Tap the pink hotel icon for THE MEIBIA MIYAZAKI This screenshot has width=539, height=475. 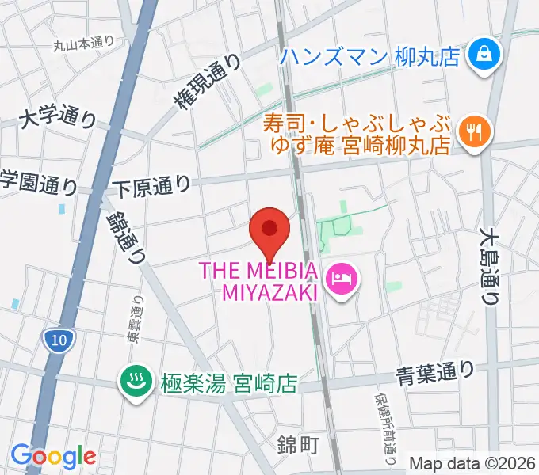tap(342, 279)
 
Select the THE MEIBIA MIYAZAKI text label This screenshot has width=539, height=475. tap(259, 281)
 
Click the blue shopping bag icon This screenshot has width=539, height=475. tap(481, 55)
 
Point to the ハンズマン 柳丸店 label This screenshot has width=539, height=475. tap(370, 56)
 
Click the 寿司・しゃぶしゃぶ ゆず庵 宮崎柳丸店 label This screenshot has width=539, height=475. tap(357, 135)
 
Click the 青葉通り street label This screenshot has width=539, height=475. tap(436, 370)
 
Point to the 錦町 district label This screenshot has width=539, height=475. tap(298, 444)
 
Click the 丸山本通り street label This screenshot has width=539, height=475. tap(84, 44)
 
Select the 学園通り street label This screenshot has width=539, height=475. tap(37, 183)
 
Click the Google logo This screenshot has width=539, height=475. tap(52, 455)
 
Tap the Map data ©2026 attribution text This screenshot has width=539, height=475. tap(472, 463)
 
